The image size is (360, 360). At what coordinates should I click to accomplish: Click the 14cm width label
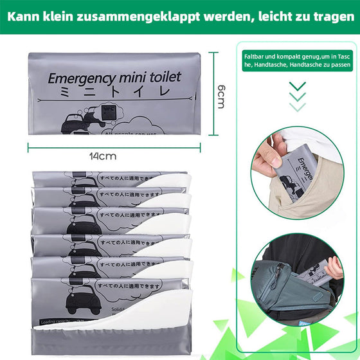pyautogui.click(x=102, y=156)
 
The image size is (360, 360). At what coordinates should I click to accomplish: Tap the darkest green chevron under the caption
pyautogui.click(x=297, y=85)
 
